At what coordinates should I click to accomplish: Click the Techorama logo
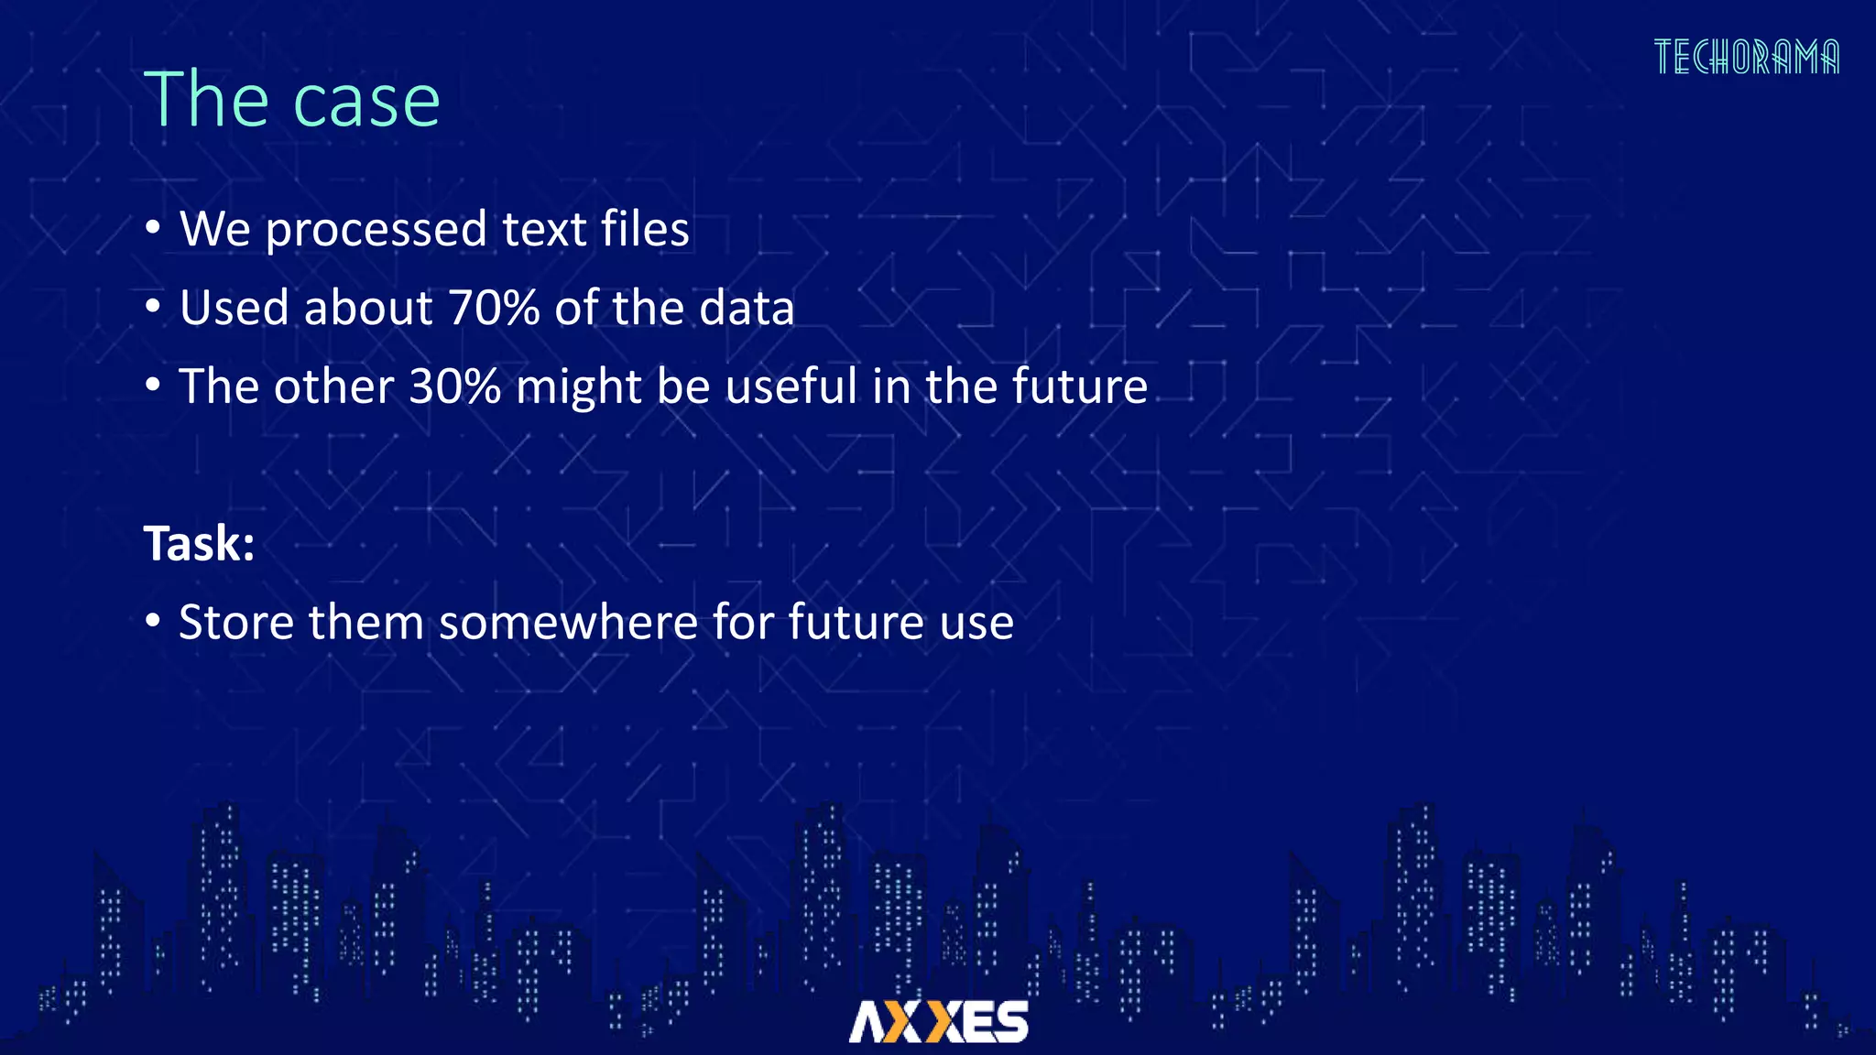pos(1746,57)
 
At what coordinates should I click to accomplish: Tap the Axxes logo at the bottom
pos(938,1021)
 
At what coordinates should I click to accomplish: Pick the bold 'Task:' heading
pos(199,544)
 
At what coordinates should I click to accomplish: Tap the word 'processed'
pos(376,230)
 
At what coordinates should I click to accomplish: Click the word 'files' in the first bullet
pos(645,228)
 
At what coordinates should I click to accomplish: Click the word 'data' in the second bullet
pos(747,308)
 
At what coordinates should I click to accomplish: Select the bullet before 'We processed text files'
pos(153,228)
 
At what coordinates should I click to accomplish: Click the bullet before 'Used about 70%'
pos(153,307)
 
